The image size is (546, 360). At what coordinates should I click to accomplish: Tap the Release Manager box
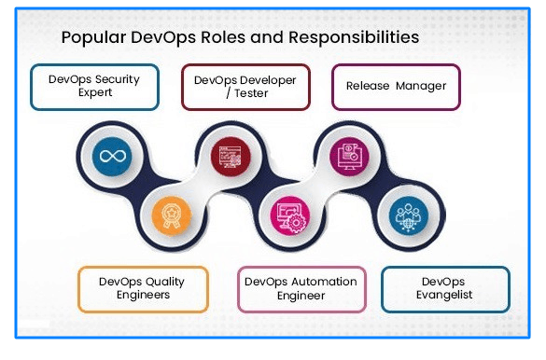click(x=396, y=87)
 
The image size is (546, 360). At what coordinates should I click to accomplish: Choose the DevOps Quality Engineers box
click(x=142, y=288)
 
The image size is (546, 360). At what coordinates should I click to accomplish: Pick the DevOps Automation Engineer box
click(x=300, y=288)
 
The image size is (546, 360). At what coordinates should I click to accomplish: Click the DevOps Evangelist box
click(x=445, y=288)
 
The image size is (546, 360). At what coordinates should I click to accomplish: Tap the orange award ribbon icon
click(x=170, y=214)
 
